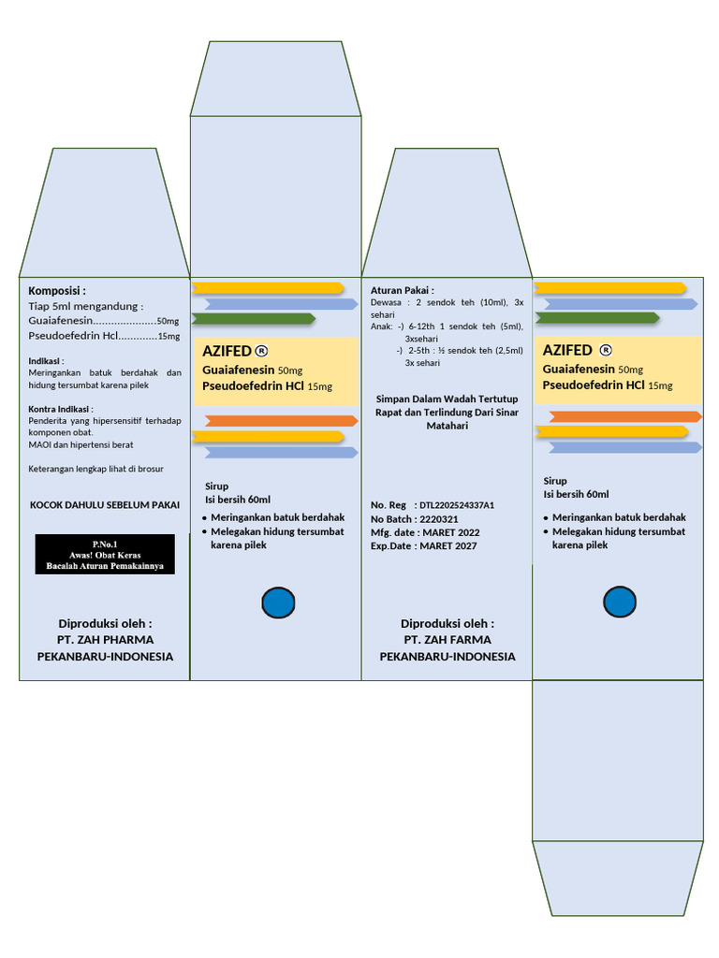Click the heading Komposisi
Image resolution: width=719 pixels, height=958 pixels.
(57, 291)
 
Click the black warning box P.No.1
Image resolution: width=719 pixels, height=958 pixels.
(105, 554)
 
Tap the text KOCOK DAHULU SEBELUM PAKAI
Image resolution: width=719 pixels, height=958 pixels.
(105, 505)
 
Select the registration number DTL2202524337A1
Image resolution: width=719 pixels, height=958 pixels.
(457, 505)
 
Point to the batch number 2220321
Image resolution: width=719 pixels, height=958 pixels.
(439, 519)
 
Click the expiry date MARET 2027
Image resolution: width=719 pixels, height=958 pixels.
(449, 546)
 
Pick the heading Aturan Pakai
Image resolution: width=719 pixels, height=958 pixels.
(403, 291)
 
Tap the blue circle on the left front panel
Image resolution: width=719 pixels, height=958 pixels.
(277, 602)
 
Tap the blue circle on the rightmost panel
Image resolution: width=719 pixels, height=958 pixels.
(620, 602)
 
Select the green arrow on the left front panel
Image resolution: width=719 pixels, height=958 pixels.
(253, 318)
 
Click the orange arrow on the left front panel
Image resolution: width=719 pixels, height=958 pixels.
(281, 421)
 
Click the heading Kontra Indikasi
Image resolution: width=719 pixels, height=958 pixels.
(61, 409)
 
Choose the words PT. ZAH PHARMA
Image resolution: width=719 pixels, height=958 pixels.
(105, 640)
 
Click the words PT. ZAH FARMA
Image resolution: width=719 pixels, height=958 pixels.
(448, 640)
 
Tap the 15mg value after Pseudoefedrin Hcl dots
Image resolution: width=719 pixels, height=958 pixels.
(169, 337)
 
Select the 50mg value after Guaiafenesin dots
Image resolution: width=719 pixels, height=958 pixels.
(169, 321)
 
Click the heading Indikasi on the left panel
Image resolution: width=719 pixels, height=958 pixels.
(46, 360)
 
